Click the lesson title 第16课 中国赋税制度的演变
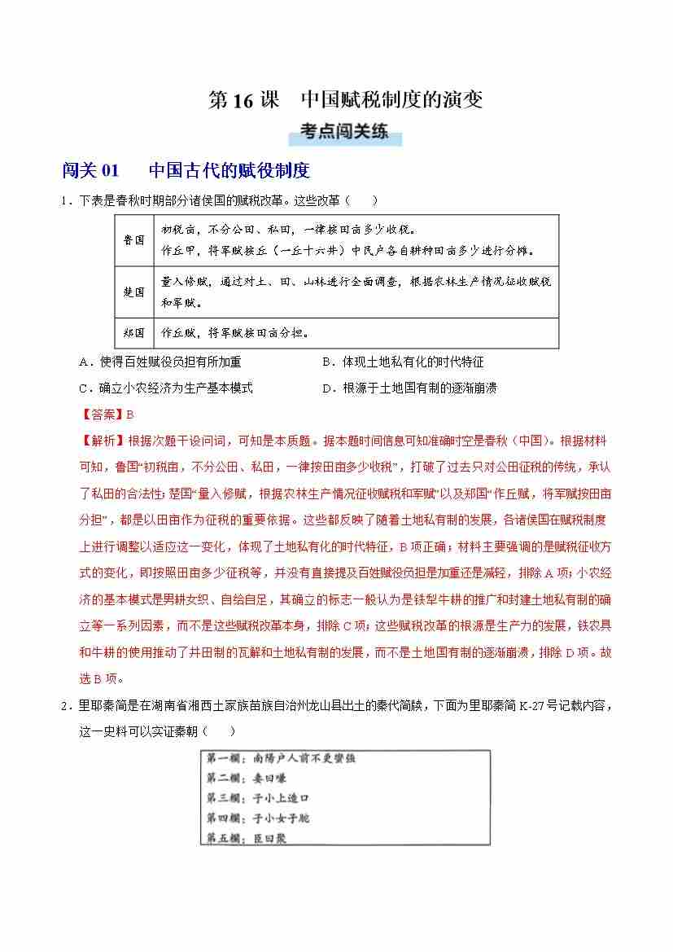[346, 100]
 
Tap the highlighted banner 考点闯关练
[344, 131]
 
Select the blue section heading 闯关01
[90, 171]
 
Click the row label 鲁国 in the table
[134, 240]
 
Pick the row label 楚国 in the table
[134, 292]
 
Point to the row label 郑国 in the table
[134, 333]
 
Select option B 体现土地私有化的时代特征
[403, 362]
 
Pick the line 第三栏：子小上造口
[259, 799]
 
